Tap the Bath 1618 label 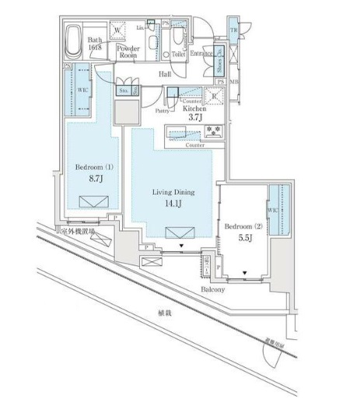click(96, 42)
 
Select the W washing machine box click(117, 31)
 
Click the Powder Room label click(128, 51)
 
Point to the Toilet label click(178, 54)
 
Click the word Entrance click(203, 54)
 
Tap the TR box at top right click(234, 29)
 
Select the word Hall click(165, 74)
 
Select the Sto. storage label click(124, 90)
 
